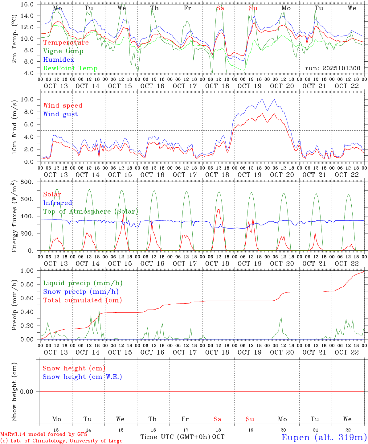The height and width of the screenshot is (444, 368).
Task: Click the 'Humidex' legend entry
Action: click(x=59, y=60)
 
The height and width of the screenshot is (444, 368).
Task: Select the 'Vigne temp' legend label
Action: click(x=63, y=51)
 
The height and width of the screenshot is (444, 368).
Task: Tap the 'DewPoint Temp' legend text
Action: click(x=70, y=68)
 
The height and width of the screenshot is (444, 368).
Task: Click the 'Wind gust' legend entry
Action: click(x=60, y=114)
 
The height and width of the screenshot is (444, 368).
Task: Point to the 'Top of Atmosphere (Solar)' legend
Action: click(x=90, y=212)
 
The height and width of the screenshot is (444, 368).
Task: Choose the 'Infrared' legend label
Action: click(x=58, y=203)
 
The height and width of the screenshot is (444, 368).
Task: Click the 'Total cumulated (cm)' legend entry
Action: click(x=82, y=300)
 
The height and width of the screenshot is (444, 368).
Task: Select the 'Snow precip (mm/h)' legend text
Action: click(x=81, y=292)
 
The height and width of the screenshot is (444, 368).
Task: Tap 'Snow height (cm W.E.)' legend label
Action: click(x=82, y=377)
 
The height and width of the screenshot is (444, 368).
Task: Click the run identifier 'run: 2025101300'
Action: click(x=333, y=68)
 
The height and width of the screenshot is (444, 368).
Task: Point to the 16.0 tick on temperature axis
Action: click(x=28, y=4)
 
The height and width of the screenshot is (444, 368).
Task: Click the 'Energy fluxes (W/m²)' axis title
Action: click(x=14, y=217)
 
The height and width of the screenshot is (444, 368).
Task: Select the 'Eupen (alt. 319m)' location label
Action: click(x=324, y=437)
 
